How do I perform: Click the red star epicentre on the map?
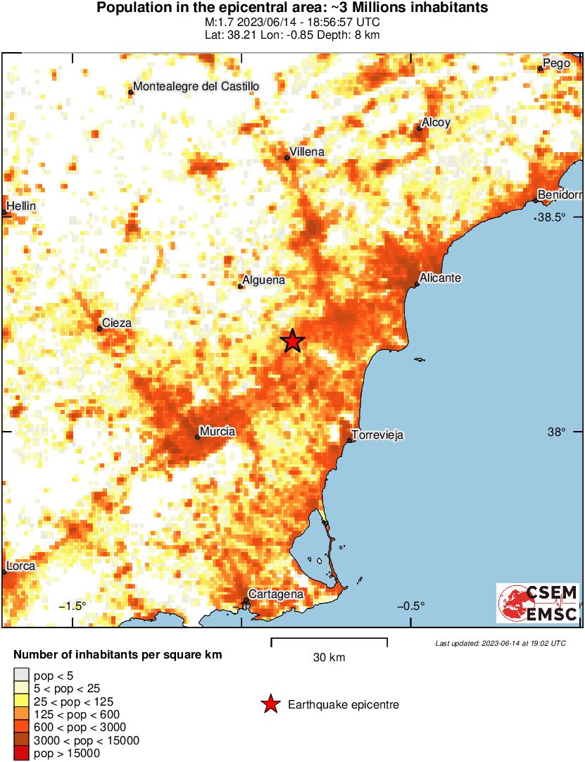tap(293, 341)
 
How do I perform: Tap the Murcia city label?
tap(218, 431)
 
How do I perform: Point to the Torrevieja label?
tap(377, 435)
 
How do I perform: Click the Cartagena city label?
tap(276, 594)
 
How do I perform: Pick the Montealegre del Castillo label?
tap(196, 87)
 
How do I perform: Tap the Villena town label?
tap(307, 152)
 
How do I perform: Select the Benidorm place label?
tap(560, 194)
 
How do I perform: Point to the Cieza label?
tap(117, 323)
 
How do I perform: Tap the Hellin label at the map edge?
tap(21, 206)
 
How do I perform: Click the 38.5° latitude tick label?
tap(552, 217)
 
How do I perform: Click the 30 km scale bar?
tap(329, 640)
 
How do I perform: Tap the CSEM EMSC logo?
tap(538, 603)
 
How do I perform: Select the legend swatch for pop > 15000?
tap(22, 754)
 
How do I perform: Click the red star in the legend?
tap(270, 704)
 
